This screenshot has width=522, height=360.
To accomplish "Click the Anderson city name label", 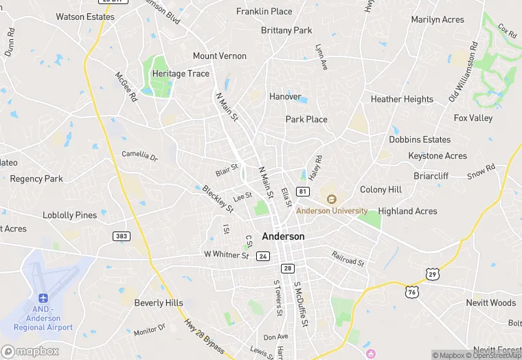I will [x=283, y=236].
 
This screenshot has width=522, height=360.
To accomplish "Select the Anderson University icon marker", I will [x=331, y=199].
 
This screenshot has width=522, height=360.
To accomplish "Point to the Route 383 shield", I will [x=122, y=236].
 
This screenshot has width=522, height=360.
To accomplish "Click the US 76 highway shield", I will [x=411, y=291].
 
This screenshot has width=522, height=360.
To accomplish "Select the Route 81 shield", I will [x=303, y=190].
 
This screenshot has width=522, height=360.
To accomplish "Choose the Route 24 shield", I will [x=262, y=256].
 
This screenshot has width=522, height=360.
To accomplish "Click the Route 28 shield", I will [x=288, y=268].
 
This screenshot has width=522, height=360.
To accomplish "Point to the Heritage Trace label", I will [x=181, y=74].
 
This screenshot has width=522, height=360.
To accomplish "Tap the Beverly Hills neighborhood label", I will [x=159, y=303].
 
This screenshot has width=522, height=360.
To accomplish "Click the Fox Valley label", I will [x=473, y=118].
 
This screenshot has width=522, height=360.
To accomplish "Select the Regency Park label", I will [x=36, y=179].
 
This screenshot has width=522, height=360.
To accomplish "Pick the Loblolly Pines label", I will [x=70, y=215].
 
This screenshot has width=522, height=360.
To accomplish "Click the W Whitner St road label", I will [x=226, y=254].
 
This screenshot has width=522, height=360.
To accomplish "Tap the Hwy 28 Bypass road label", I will [x=204, y=337].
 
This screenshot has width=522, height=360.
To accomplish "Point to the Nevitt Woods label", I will [x=490, y=303].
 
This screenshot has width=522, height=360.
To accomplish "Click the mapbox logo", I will [x=30, y=351].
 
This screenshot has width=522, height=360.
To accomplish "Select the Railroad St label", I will [x=348, y=258].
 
